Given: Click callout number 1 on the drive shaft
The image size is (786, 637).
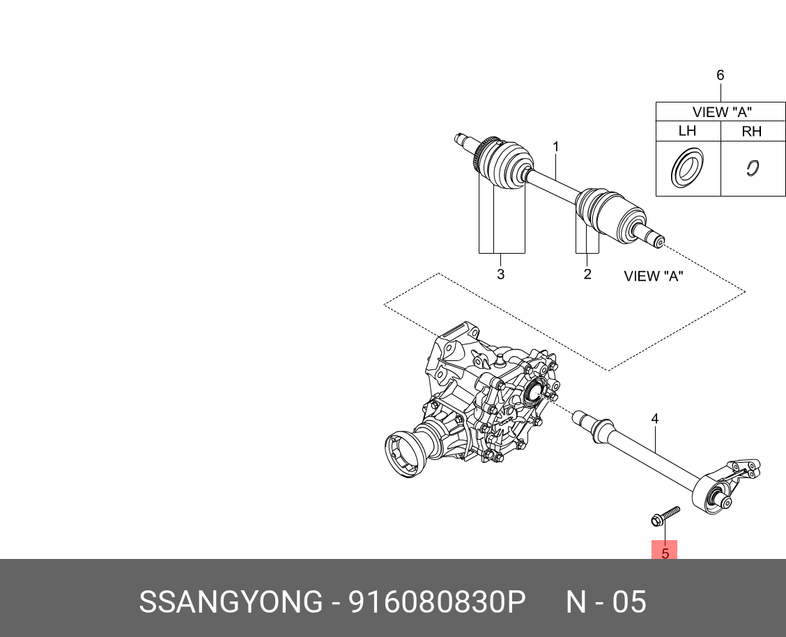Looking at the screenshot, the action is pos(556,147).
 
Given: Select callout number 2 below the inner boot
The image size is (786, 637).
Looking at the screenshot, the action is pos(587,275).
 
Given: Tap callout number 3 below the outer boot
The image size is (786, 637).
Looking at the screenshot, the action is pos(500,275).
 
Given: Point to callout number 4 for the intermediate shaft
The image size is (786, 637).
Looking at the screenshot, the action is pos(655,419).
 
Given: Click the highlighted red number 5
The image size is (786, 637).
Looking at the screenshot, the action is pos(665,553).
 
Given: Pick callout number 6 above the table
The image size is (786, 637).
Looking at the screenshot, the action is pos(720,75).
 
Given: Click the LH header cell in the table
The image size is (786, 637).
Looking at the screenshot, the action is pos(687,131).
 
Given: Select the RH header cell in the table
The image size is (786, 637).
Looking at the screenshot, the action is pos(752,131).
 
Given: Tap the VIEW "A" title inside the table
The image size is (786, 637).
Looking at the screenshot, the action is pos(721,112).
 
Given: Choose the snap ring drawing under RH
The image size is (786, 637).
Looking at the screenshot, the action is pos(752,168).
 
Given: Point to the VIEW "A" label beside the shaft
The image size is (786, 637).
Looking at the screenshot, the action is pos(653,276).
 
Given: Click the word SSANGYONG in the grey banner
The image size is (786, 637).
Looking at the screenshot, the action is pos(231,601).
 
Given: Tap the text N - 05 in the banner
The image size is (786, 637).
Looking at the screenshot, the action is pos(606,601).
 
